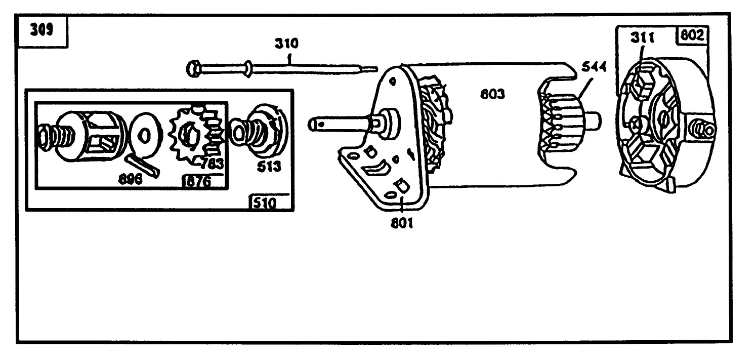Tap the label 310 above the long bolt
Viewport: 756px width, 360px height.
point(286,44)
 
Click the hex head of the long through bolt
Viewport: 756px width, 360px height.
point(192,68)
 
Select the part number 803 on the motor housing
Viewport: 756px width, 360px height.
point(492,94)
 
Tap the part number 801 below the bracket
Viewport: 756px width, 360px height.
point(402,222)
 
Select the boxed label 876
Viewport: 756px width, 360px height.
point(197,182)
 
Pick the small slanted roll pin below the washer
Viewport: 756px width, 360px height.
point(144,165)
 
